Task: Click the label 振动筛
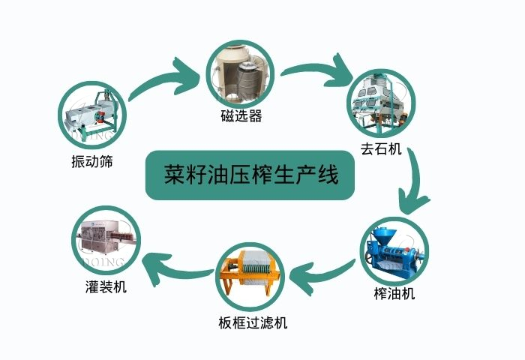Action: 92,161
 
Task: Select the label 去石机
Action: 382,149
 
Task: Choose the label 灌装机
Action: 106,286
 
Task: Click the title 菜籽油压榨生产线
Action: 250,175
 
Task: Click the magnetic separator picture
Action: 238,72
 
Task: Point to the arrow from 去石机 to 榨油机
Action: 415,183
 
